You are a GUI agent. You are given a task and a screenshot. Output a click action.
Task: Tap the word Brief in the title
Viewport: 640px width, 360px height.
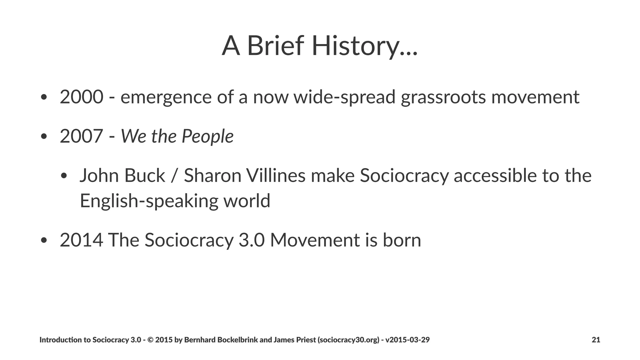coord(275,46)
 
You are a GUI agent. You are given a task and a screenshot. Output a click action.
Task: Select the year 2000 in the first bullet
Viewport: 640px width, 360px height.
coord(81,97)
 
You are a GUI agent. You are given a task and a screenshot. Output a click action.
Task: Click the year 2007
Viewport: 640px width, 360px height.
coord(81,136)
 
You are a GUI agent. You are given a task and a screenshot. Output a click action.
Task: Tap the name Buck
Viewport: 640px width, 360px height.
coord(144,175)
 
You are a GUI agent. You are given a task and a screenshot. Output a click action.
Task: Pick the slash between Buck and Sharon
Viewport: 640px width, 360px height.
coord(174,176)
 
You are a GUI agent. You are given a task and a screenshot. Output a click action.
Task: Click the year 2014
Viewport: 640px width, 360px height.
coord(81,240)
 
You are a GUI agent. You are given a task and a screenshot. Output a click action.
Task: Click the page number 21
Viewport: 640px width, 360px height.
coord(596,340)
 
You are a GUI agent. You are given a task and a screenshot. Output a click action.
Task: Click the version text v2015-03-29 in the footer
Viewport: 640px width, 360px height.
coord(407,340)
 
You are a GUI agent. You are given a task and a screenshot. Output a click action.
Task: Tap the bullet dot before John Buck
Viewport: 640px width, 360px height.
coord(64,176)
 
